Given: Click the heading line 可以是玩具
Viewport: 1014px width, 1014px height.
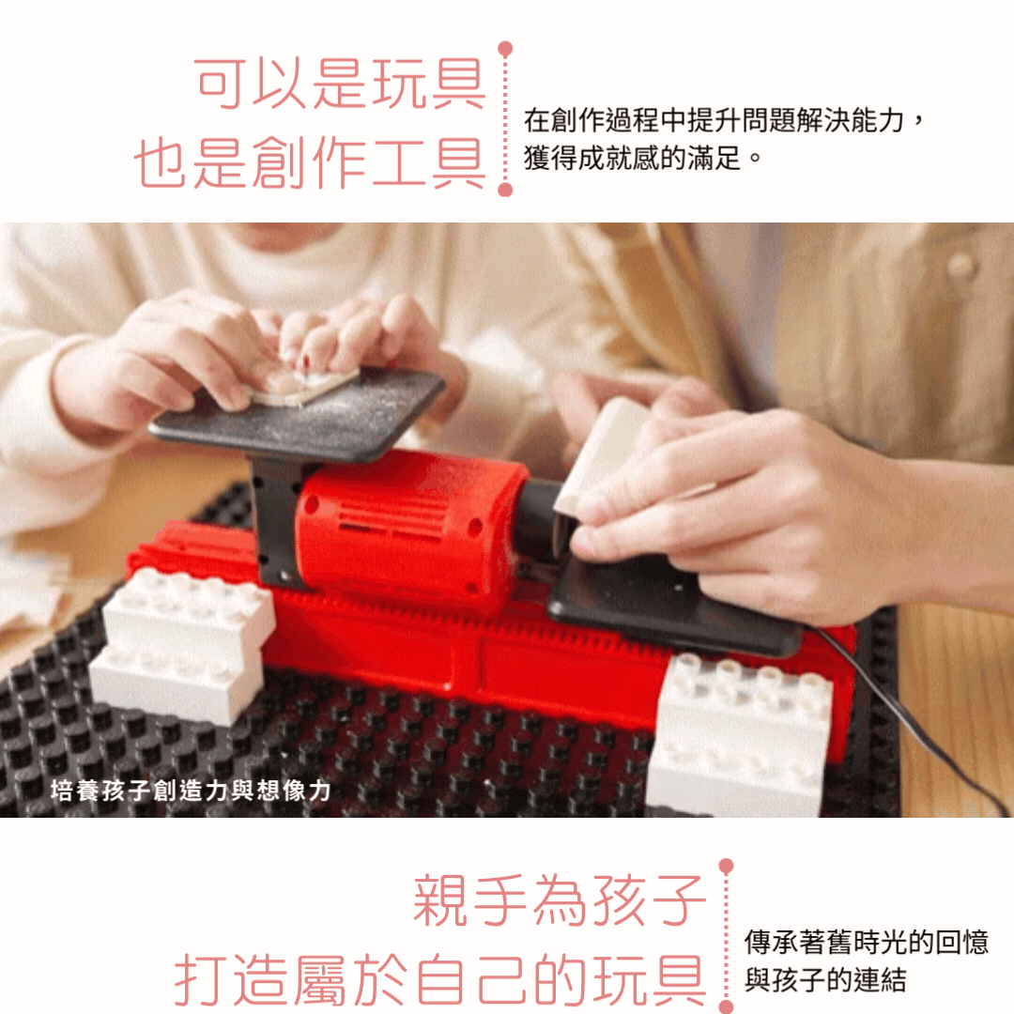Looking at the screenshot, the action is click(340, 84).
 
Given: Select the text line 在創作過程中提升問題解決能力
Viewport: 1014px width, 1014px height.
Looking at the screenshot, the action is click(714, 120).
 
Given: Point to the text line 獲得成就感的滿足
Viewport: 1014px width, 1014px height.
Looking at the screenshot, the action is click(633, 158).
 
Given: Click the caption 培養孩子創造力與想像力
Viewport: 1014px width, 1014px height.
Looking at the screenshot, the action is click(191, 791).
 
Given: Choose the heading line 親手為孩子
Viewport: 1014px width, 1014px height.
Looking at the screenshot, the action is click(560, 899).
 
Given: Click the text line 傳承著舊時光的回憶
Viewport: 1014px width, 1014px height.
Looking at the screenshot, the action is click(867, 943).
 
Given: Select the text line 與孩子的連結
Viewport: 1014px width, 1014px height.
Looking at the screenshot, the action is click(825, 979).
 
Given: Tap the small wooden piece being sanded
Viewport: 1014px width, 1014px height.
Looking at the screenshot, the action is click(304, 387).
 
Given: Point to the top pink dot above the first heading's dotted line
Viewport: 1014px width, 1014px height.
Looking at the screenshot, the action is click(506, 49).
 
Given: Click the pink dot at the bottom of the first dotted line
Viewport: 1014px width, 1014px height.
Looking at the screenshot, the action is click(506, 190).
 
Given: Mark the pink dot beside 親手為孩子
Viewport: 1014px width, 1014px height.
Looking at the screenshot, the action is click(726, 866).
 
